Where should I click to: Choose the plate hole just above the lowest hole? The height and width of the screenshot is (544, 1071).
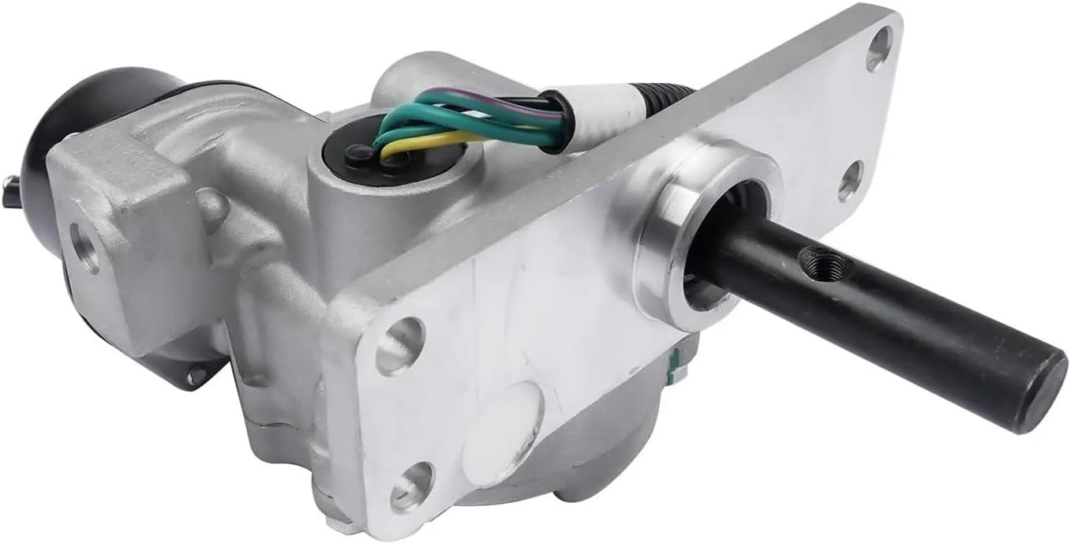click(400, 345)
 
